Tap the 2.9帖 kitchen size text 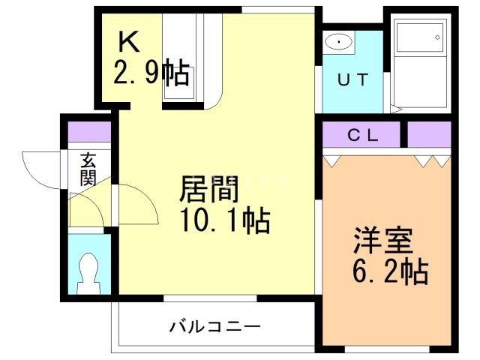point(151,73)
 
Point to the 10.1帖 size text point(223,222)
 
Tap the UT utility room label point(352,80)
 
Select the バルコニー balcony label point(214,327)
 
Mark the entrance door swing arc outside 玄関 point(41,169)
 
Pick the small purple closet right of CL point(429,135)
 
